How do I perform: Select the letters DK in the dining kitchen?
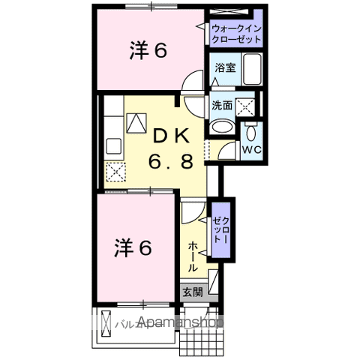(174, 136)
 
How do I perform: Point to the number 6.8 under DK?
(174, 160)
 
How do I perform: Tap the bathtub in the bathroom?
(253, 71)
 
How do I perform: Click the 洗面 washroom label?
(221, 106)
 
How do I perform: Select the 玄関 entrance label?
(191, 292)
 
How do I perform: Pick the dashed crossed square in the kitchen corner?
(115, 173)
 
